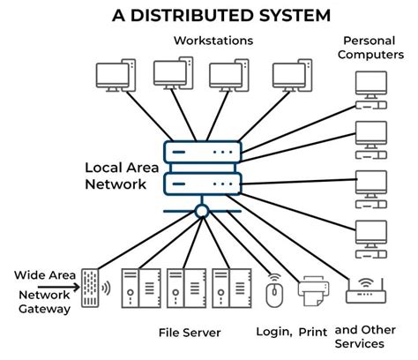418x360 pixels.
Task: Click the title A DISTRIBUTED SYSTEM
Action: (x=209, y=15)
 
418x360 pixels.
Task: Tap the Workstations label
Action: (x=213, y=41)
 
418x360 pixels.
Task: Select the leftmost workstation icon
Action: (x=115, y=76)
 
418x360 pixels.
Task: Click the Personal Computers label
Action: (x=371, y=49)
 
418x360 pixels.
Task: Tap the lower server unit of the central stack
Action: (x=202, y=184)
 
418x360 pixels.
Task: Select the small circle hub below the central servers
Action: (x=202, y=211)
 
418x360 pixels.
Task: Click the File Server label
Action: (x=190, y=333)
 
